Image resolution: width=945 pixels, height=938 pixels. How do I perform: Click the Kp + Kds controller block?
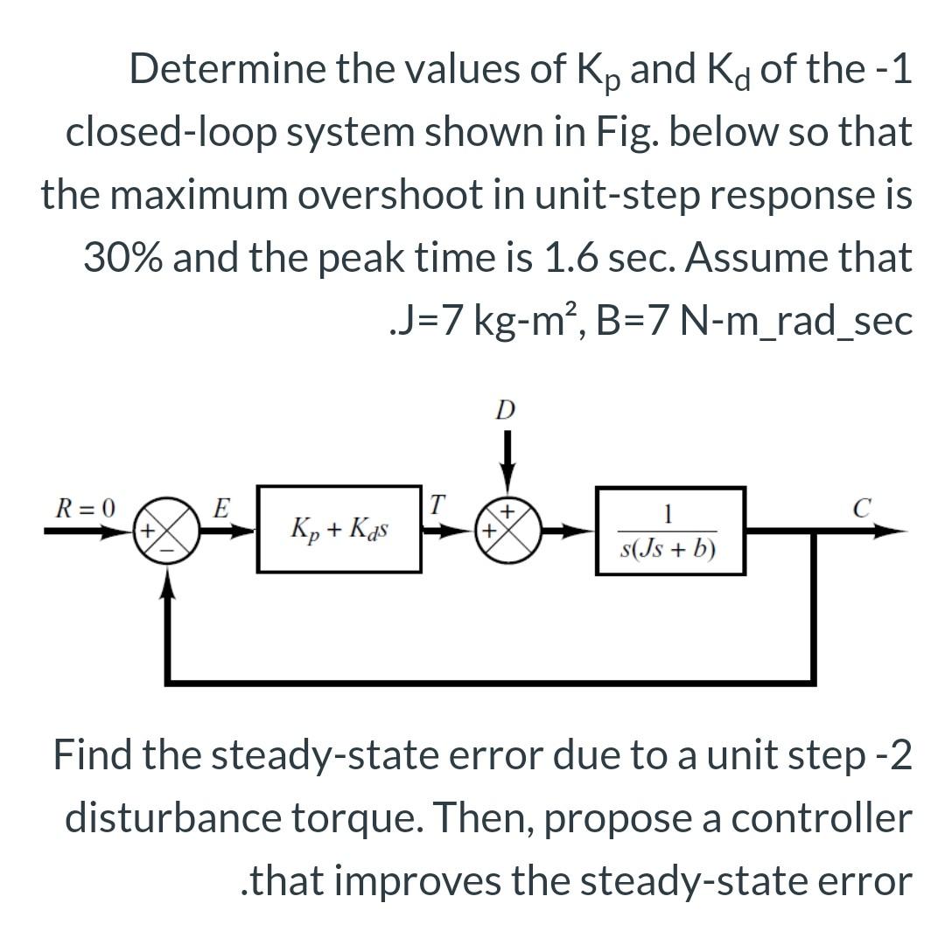tap(337, 529)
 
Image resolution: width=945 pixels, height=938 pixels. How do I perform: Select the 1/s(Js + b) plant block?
tap(670, 530)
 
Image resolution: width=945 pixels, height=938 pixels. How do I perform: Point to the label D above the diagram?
tap(505, 410)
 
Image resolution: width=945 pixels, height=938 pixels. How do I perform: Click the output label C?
tap(863, 505)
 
